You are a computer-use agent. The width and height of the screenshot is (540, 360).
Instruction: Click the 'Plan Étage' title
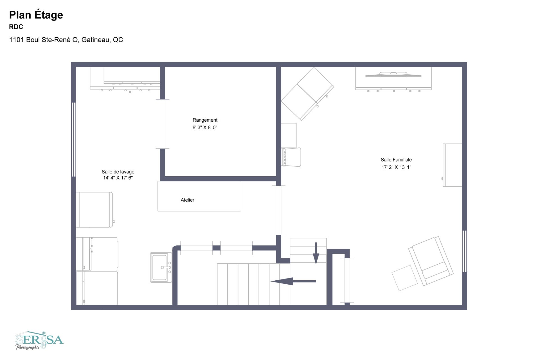36,15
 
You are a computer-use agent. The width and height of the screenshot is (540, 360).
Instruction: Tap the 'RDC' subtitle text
16,27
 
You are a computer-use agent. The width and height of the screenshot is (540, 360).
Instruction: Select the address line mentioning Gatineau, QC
66,40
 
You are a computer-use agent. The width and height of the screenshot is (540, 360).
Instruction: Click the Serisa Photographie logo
39,340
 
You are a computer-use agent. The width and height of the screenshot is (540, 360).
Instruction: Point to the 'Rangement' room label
205,120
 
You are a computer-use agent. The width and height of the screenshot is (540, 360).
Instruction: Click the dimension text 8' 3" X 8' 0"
205,128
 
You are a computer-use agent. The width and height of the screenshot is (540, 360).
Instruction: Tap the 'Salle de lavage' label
118,172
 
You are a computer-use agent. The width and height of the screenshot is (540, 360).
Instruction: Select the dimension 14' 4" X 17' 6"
118,178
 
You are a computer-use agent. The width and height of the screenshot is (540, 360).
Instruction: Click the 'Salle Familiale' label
396,160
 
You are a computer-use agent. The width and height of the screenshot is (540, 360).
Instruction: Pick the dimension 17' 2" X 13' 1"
396,167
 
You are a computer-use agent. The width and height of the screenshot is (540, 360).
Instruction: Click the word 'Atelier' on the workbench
187,200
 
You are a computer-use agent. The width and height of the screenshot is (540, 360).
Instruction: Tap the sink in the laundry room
161,267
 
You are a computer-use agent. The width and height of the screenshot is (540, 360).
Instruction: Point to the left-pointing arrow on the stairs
292,281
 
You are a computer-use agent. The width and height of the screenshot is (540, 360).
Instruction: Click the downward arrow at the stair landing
316,253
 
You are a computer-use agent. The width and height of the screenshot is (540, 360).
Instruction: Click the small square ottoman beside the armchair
404,278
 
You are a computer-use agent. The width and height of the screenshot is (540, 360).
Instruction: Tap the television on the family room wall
393,75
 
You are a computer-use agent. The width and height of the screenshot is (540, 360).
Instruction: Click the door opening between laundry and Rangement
163,124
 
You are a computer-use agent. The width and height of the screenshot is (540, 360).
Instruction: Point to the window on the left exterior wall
74,140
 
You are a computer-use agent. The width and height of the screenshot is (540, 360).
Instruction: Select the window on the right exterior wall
464,251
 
